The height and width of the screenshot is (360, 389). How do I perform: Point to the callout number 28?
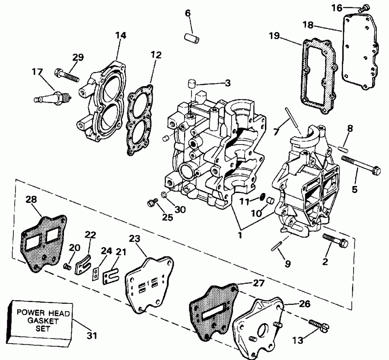coord(32,199)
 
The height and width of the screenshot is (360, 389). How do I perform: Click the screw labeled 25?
coord(151,202)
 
